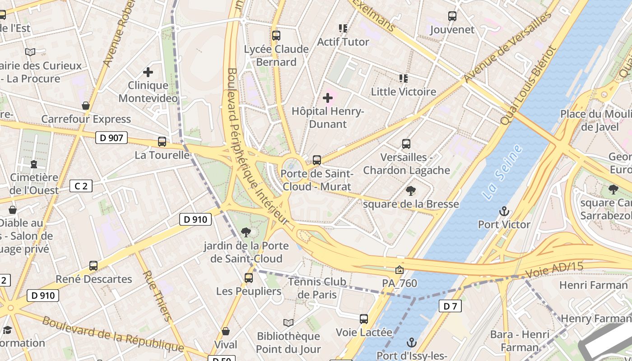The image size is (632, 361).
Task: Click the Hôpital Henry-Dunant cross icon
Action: coord(328,98)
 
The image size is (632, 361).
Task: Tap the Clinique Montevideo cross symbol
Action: coord(148,72)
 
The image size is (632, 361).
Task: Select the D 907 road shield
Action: coord(112,138)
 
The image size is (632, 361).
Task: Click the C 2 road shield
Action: coord(81,185)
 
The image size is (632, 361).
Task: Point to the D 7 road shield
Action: coord(450,306)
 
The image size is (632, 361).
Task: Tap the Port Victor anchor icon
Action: coord(504,211)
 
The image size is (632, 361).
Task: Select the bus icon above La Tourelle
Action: coord(162,142)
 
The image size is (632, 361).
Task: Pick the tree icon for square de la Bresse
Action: coord(410,191)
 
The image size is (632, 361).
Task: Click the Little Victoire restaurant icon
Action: coord(404,79)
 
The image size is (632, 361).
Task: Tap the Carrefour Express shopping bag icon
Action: coord(86,106)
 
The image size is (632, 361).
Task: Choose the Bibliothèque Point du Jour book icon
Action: coord(288,323)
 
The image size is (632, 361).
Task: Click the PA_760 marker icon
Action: coord(400,270)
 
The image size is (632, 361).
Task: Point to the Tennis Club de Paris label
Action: coord(318,288)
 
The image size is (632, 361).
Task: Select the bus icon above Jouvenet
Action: coord(452,17)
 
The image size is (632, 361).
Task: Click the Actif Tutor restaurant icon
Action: coord(343,28)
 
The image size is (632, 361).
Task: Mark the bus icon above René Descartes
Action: coord(93,266)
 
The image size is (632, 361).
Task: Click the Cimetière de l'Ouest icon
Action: coord(34,164)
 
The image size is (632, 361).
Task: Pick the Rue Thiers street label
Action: coord(158,296)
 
